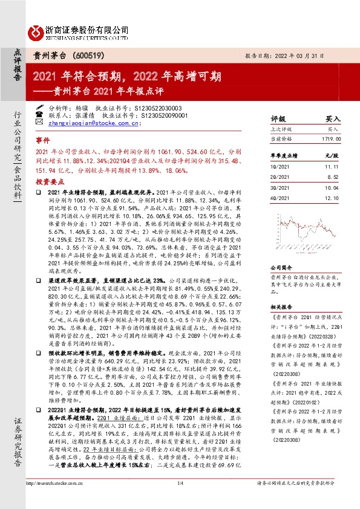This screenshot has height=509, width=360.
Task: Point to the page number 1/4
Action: (180, 499)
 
